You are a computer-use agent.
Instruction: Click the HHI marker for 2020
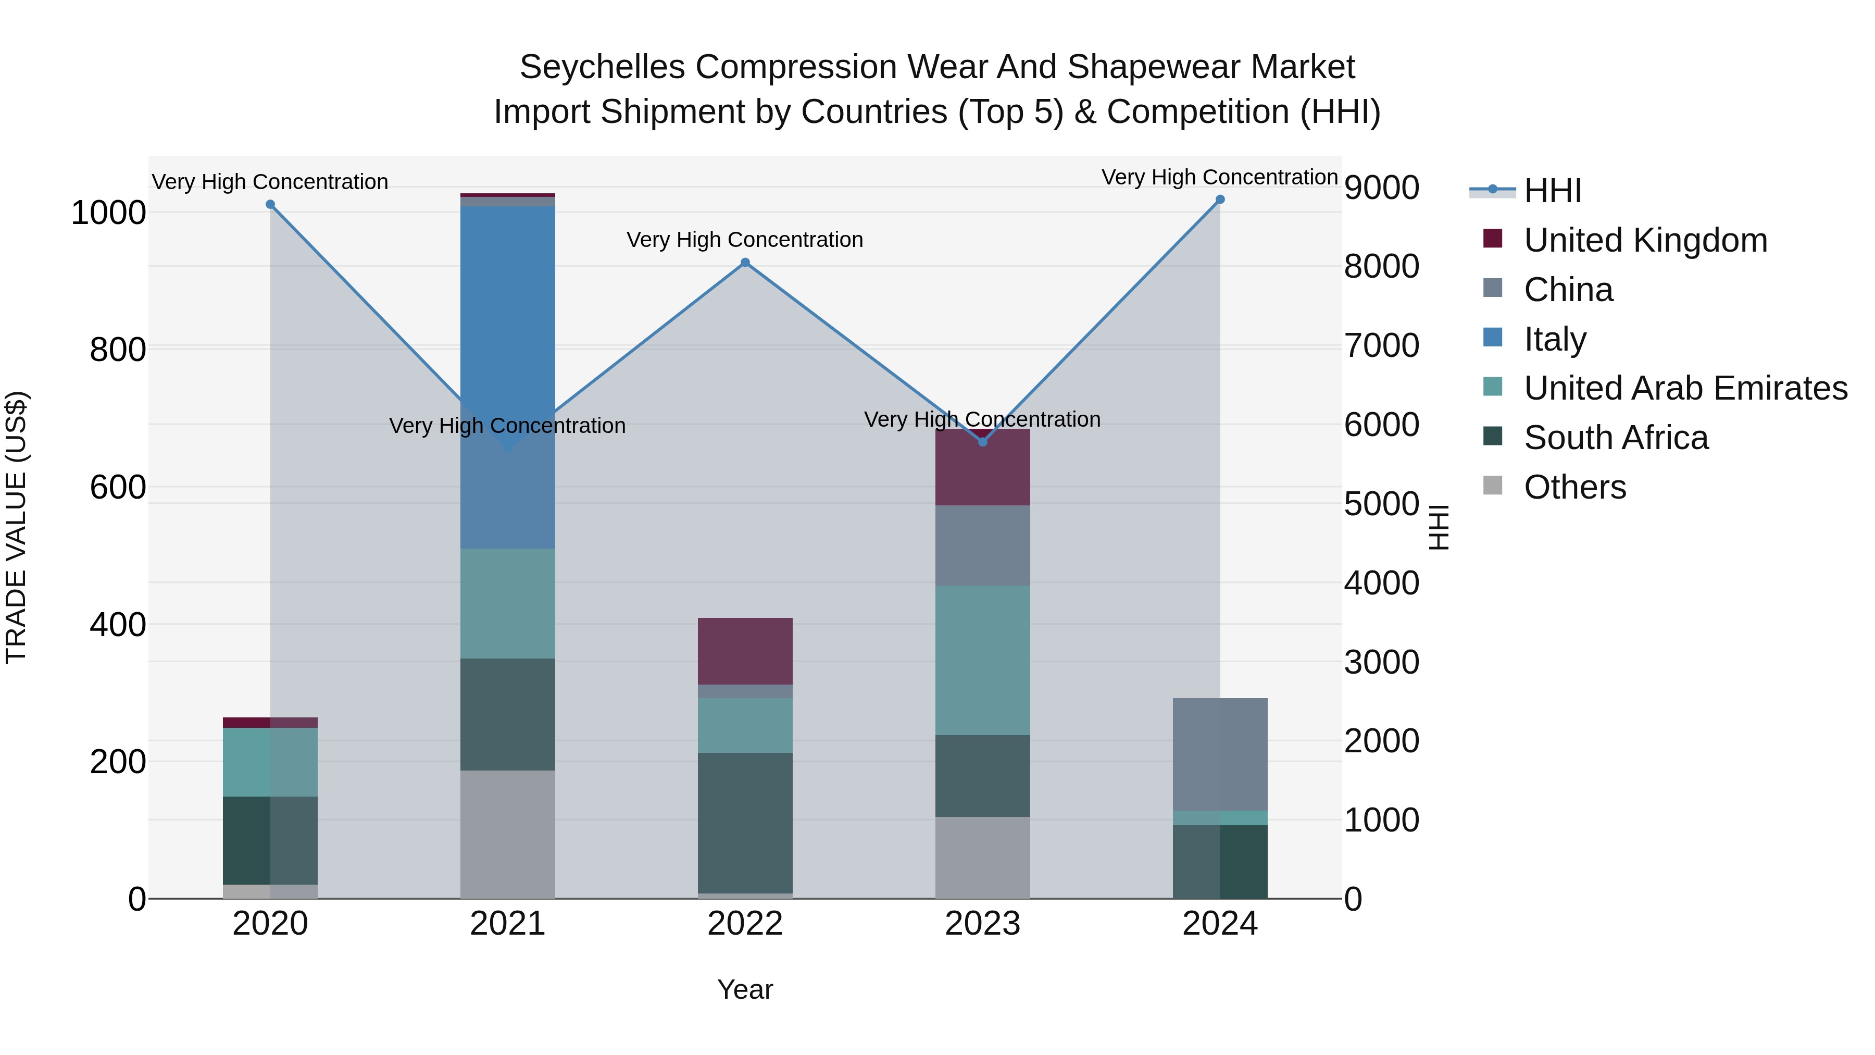(x=270, y=205)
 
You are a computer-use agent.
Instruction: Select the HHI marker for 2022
(x=745, y=263)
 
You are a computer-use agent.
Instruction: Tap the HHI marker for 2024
(x=1220, y=200)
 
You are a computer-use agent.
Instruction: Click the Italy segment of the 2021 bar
(x=507, y=328)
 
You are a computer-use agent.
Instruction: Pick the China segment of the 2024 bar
(x=1220, y=753)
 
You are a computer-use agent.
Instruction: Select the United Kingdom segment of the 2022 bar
(x=745, y=651)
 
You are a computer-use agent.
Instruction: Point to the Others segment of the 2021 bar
(x=507, y=834)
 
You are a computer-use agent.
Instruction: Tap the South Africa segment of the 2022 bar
(x=745, y=823)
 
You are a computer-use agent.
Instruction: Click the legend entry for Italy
(x=1554, y=339)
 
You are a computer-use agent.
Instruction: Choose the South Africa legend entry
(x=1615, y=438)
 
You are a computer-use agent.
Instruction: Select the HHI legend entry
(x=1552, y=191)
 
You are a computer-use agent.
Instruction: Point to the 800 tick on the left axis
(x=117, y=350)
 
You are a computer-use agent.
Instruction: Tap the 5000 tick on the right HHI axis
(x=1381, y=504)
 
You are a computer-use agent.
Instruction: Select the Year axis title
(x=745, y=989)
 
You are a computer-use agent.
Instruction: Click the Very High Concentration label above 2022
(x=745, y=240)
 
